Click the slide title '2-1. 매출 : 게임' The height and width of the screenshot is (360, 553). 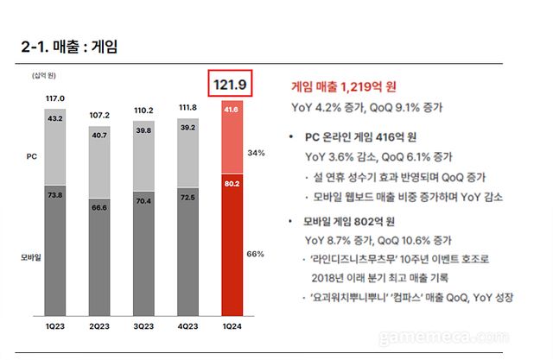(x=68, y=45)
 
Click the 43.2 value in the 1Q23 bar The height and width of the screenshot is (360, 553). (x=54, y=117)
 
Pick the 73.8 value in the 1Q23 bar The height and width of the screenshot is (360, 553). (x=54, y=196)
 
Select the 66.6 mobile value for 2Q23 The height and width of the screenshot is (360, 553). (x=100, y=207)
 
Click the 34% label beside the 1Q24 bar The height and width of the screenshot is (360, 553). (x=277, y=152)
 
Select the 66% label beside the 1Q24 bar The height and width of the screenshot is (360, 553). (x=277, y=255)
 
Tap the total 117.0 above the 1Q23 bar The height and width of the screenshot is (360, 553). (x=54, y=98)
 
